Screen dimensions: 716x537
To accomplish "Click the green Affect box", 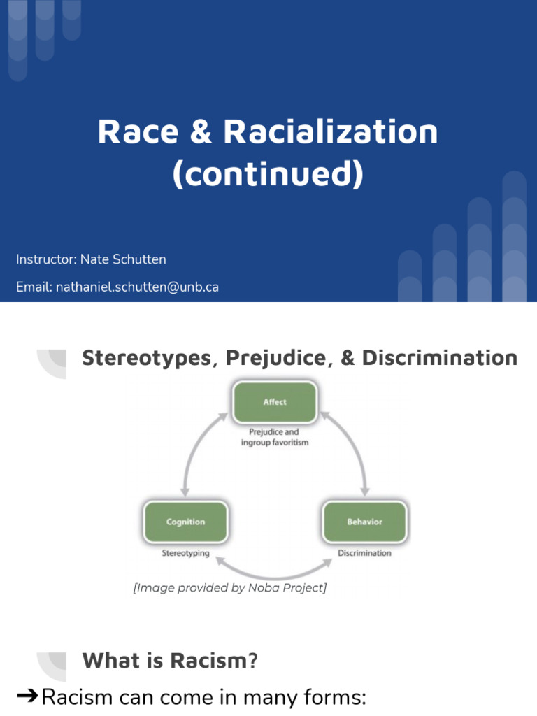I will click(x=275, y=402).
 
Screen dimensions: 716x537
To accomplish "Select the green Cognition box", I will click(x=185, y=522).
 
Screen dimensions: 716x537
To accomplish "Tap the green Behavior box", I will click(x=364, y=522).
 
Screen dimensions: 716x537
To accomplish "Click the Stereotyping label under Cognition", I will click(x=185, y=553).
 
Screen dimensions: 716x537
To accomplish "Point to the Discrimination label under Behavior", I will click(x=364, y=553).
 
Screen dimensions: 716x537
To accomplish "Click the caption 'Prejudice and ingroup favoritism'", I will click(x=275, y=437).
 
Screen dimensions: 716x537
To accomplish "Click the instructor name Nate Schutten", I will click(x=123, y=259).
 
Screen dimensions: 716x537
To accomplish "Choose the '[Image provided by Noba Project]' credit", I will click(x=230, y=588).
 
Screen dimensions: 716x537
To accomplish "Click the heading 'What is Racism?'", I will click(x=170, y=660).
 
